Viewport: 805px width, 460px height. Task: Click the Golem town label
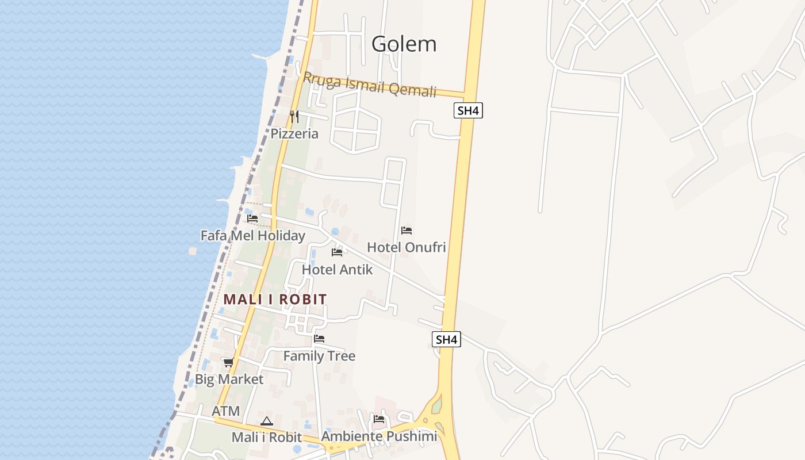coord(404,44)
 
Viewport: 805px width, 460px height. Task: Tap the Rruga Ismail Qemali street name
coord(370,85)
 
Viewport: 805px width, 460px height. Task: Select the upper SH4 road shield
coord(468,110)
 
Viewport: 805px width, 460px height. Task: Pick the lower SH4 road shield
coord(446,339)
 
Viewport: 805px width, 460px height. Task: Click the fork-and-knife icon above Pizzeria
coord(294,117)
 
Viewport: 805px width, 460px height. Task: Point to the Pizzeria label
coord(294,134)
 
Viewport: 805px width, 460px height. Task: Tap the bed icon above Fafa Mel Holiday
coord(252,218)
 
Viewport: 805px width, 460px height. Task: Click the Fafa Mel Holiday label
coord(252,236)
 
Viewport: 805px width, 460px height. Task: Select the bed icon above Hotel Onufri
coord(407,231)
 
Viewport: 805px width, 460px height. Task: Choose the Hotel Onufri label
coord(407,247)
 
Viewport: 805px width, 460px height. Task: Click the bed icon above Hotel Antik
coord(337,252)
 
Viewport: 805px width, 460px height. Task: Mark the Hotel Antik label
coord(337,270)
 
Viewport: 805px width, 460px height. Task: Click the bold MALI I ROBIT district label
coord(275,299)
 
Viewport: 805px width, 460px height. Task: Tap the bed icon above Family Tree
coord(319,339)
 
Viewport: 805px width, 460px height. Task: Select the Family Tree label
coord(319,356)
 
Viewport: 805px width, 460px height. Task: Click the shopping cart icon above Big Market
coord(228,362)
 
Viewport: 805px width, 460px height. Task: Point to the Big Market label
coord(229,379)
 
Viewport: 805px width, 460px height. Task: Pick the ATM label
coord(225,411)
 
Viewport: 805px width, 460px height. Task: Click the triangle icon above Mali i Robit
coord(266,421)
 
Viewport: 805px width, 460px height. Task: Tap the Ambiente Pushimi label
coord(379,436)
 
